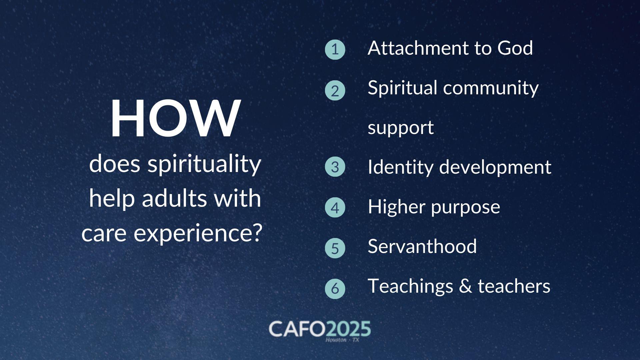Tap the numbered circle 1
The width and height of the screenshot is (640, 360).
(x=335, y=50)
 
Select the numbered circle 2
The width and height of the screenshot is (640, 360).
(x=335, y=90)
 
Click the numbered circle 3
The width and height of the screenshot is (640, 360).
(x=335, y=167)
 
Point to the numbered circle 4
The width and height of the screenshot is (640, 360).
(x=335, y=207)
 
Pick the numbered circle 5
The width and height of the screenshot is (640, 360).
(x=335, y=248)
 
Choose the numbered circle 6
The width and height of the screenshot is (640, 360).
(x=335, y=288)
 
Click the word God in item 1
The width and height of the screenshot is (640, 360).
(x=515, y=48)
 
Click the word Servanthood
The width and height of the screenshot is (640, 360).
(x=422, y=246)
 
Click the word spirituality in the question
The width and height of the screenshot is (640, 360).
(x=204, y=165)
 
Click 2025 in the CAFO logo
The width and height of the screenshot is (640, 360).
(x=348, y=329)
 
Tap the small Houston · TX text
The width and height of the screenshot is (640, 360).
(x=342, y=340)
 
